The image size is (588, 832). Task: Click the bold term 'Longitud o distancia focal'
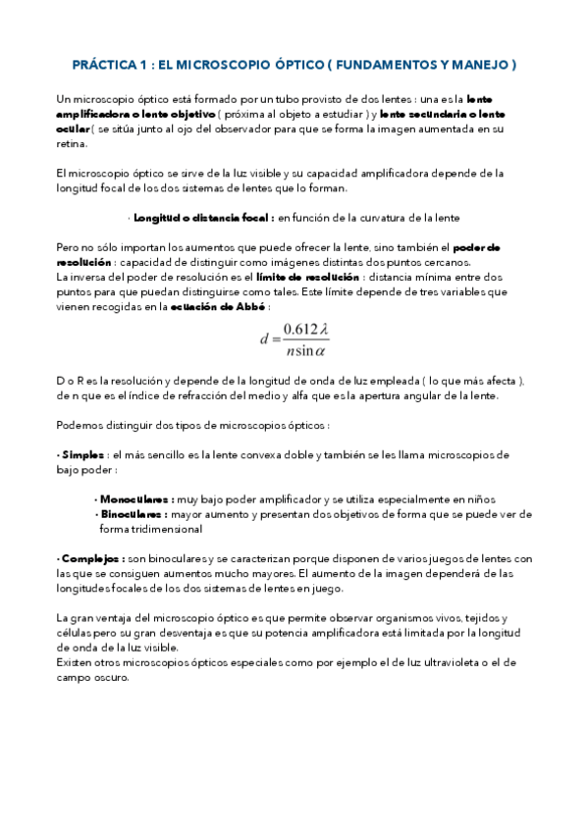[x=202, y=217]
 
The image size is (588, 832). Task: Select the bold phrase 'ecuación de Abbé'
[x=210, y=306]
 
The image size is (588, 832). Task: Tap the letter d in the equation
[x=264, y=340]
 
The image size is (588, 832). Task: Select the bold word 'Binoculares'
[x=133, y=514]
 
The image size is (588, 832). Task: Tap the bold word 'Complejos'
[x=88, y=557]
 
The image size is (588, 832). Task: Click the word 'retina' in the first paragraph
[x=72, y=143]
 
